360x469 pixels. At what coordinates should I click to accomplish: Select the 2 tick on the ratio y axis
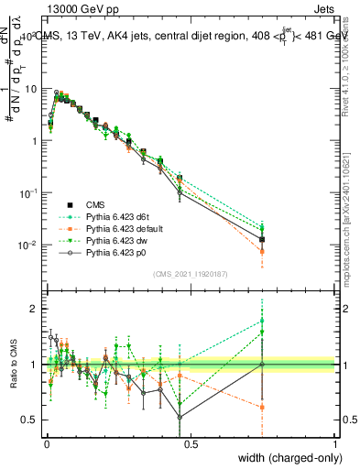point(35,309)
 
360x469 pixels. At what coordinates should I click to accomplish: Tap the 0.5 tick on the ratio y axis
point(31,420)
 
